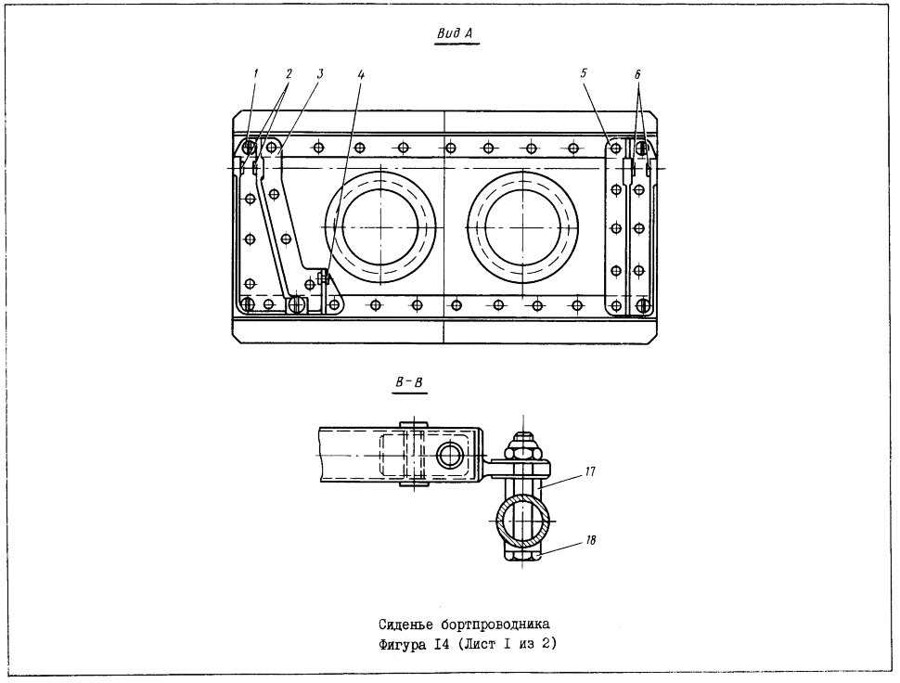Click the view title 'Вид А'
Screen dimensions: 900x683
click(455, 33)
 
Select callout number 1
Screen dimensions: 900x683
click(255, 73)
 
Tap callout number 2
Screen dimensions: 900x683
click(289, 73)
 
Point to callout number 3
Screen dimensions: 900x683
click(320, 73)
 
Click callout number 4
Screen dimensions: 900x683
click(360, 74)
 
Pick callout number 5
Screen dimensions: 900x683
click(584, 73)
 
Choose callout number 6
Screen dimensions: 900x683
click(637, 74)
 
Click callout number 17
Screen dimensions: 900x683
click(590, 471)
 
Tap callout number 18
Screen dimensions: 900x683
click(591, 540)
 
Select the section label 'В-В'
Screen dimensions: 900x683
click(409, 381)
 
